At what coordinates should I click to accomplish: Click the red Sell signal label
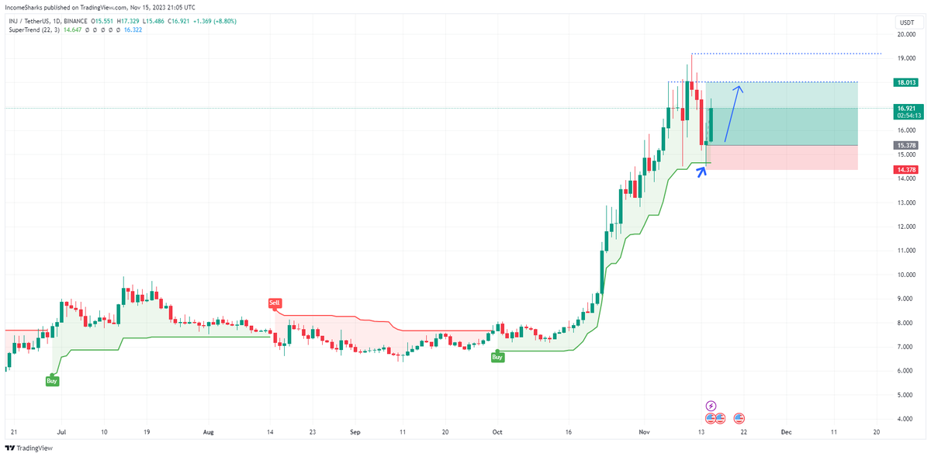click(x=274, y=303)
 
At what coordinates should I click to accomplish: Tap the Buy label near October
click(x=497, y=357)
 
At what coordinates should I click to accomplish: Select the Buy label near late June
click(x=51, y=381)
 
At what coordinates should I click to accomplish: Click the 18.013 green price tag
click(x=905, y=82)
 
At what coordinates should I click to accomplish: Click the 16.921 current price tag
click(x=905, y=109)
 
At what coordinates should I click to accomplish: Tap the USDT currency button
click(x=906, y=23)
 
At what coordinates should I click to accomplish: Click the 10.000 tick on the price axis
click(x=906, y=275)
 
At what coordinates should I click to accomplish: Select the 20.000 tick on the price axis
click(x=906, y=34)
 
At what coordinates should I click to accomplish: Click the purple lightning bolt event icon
click(x=711, y=405)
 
